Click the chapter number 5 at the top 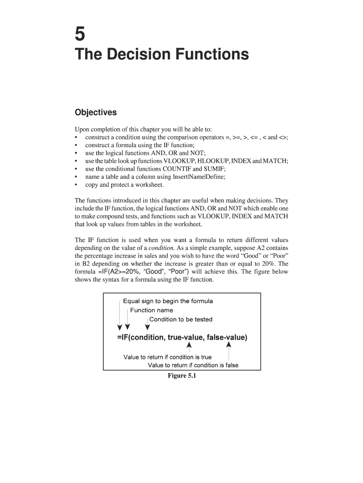pos(81,34)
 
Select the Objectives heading pos(96,113)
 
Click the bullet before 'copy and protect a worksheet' pos(76,185)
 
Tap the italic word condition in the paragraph pos(161,248)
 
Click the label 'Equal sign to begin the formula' pos(168,301)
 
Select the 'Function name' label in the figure pos(151,310)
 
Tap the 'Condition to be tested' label pos(181,319)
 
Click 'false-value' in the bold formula pos(228,338)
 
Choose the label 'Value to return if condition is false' pos(193,365)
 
